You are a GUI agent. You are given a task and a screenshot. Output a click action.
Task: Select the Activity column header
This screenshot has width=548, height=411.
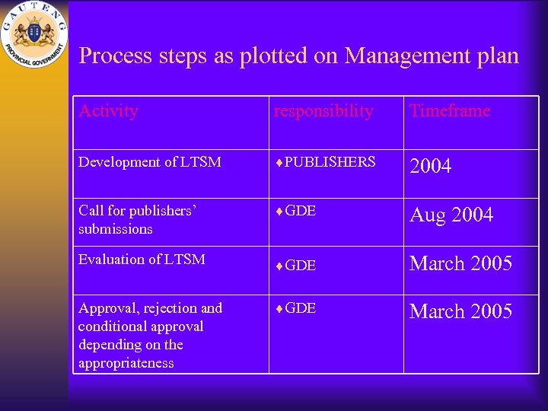(108, 111)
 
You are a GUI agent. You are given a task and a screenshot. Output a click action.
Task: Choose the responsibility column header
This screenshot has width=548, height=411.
(324, 111)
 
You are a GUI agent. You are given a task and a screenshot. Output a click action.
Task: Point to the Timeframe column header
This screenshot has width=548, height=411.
(450, 111)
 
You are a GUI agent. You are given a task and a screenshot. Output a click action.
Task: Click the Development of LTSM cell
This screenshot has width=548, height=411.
(150, 162)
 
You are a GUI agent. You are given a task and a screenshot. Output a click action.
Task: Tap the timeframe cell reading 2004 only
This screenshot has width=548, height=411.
(431, 166)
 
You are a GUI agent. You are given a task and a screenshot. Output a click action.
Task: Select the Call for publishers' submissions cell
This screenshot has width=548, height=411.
(137, 220)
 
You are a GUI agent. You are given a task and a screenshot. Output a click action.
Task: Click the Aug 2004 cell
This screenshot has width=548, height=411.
(451, 215)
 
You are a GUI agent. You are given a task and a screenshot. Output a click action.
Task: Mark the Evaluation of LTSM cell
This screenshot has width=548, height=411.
(142, 260)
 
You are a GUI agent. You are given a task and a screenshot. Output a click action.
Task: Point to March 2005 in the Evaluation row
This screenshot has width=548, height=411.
(460, 264)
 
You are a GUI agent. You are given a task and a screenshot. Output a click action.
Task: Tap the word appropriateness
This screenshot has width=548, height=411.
(126, 363)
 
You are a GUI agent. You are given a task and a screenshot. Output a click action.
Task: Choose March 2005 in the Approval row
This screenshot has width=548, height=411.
(460, 312)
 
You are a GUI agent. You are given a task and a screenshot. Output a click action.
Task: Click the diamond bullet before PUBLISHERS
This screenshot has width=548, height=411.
(279, 163)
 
